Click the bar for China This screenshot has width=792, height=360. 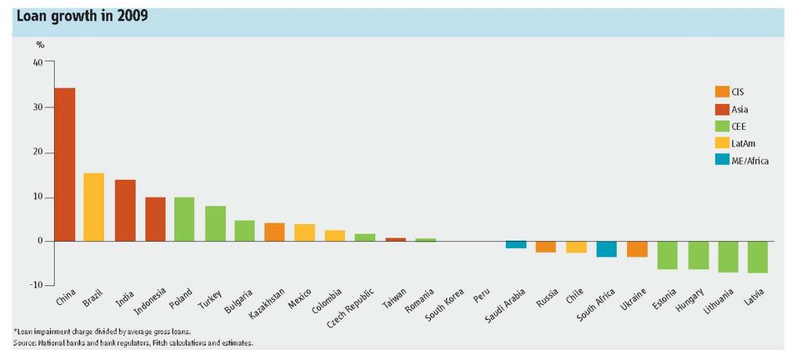click(65, 165)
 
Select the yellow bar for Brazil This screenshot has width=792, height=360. click(94, 207)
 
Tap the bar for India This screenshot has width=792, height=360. click(125, 211)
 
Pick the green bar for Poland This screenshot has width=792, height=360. click(184, 219)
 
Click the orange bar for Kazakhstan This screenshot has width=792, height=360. click(274, 232)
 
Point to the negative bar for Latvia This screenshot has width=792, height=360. click(758, 257)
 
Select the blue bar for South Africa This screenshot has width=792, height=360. click(607, 249)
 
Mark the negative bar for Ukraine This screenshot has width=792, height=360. click(638, 249)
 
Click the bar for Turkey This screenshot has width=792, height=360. click(215, 223)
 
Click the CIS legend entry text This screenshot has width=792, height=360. click(738, 92)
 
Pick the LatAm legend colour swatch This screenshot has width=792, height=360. click(722, 143)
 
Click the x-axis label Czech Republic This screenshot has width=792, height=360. click(350, 308)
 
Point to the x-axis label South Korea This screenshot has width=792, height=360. click(444, 305)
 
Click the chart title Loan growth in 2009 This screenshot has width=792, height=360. click(83, 17)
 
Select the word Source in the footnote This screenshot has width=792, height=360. click(23, 342)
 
